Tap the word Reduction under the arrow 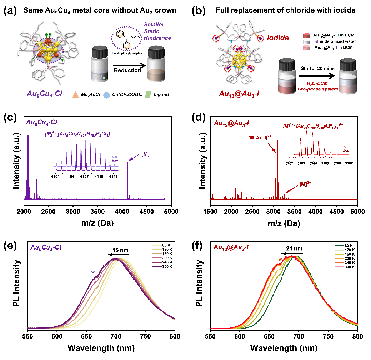[x=127, y=70]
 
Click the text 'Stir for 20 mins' [x=314, y=66]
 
